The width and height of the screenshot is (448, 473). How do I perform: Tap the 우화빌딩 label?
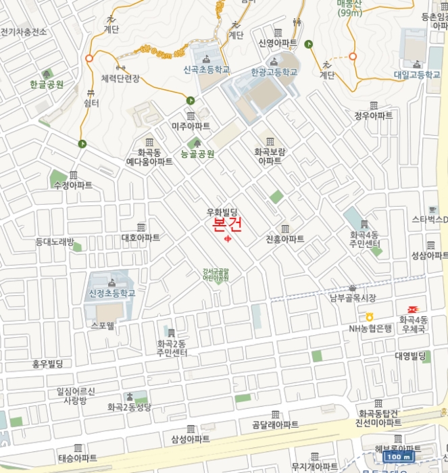click(224, 212)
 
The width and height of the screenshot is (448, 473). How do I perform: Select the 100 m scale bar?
click(400, 457)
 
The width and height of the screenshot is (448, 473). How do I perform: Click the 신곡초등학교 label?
click(206, 70)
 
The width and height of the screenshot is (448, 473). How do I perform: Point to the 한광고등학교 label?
click(274, 72)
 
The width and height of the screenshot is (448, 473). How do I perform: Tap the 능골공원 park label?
click(197, 154)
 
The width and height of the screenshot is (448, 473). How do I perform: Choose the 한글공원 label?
click(47, 84)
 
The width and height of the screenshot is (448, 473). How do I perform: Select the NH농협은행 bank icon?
click(370, 317)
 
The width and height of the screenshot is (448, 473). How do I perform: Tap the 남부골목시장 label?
click(352, 297)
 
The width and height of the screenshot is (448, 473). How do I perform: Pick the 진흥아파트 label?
click(284, 239)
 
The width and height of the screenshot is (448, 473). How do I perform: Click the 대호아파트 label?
click(141, 238)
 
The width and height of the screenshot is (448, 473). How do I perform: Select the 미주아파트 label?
click(191, 126)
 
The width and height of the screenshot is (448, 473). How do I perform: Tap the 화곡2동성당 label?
click(129, 407)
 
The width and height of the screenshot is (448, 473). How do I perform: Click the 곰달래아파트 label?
click(275, 424)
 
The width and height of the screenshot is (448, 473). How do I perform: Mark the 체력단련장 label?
click(120, 78)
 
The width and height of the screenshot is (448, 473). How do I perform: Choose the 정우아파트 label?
click(373, 116)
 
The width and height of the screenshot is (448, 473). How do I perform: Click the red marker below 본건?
click(227, 238)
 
